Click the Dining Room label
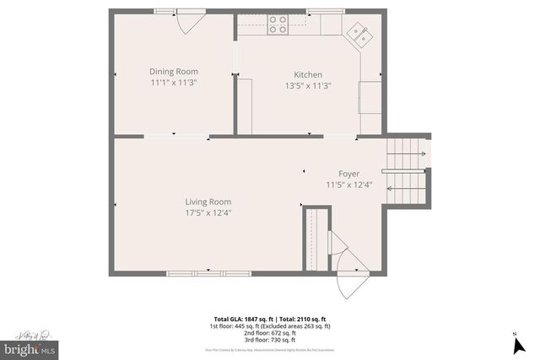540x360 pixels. (x=173, y=72)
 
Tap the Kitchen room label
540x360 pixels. (x=307, y=74)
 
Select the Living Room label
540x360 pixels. (x=208, y=201)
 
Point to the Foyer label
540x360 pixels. (x=348, y=174)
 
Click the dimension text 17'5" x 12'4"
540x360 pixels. (x=208, y=212)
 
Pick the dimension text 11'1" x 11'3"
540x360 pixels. (x=173, y=83)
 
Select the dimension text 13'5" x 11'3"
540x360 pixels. (x=307, y=85)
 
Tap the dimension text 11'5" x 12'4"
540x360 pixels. (x=348, y=185)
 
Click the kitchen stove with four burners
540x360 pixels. (x=278, y=24)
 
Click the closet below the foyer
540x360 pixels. (x=315, y=239)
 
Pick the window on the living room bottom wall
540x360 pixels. (x=197, y=273)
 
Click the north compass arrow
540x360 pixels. (x=515, y=342)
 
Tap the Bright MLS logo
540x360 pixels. (x=30, y=347)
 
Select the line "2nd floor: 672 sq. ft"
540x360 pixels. (x=270, y=332)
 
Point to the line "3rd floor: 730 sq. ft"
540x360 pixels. (x=270, y=339)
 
